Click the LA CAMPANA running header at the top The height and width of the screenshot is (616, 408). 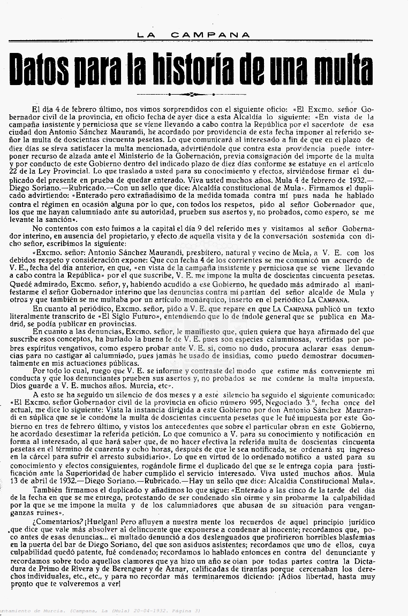193,35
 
